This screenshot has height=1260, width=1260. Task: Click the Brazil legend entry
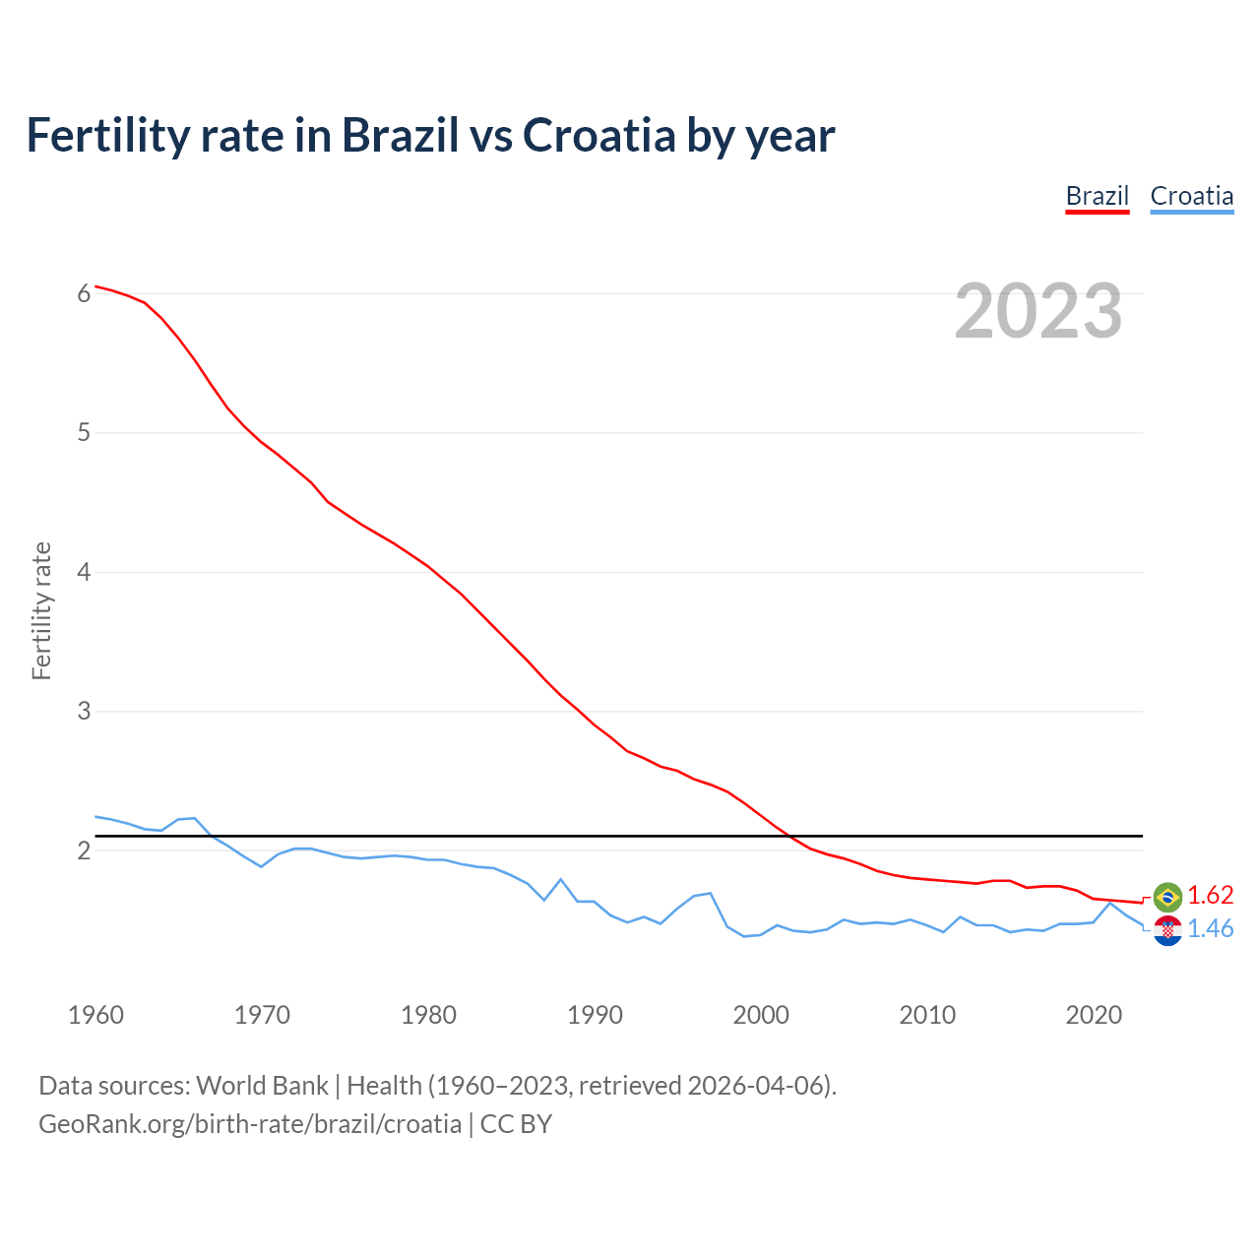click(1097, 196)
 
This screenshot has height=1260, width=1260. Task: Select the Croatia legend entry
click(1191, 196)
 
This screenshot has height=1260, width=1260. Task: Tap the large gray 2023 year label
click(1038, 311)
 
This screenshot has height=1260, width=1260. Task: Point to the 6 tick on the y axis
click(84, 293)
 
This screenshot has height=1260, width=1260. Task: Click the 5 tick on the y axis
click(84, 432)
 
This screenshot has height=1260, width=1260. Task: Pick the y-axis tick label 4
click(84, 571)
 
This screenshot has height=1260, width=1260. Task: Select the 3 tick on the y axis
click(84, 711)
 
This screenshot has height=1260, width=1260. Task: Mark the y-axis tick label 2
click(84, 850)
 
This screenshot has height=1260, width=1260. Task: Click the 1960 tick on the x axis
click(95, 1015)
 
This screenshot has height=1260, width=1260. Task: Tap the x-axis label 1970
click(262, 1015)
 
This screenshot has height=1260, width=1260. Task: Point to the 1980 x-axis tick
click(428, 1015)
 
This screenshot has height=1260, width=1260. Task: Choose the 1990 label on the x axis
click(595, 1015)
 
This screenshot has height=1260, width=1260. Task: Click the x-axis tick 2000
click(761, 1015)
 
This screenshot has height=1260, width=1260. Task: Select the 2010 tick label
click(927, 1015)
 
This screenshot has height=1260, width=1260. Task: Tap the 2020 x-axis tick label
click(1094, 1015)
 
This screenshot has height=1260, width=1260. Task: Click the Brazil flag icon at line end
click(1167, 896)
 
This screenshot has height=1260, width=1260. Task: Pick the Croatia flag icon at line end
click(1167, 930)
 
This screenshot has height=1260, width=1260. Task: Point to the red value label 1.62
click(1210, 895)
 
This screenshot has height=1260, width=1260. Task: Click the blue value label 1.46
click(1210, 929)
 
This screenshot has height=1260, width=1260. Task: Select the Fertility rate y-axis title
click(41, 610)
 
